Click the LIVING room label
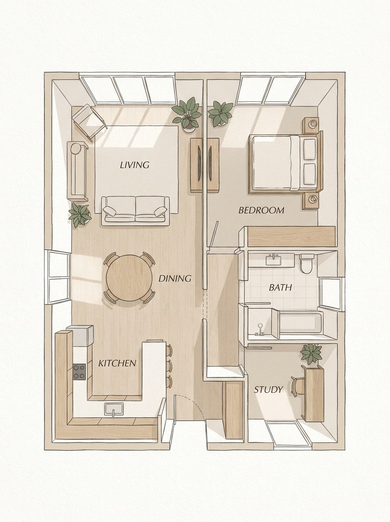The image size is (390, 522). [134, 165]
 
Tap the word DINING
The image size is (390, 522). [175, 278]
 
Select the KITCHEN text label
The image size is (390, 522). [117, 363]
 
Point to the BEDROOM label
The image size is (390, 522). [261, 211]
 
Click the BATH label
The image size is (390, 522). [280, 288]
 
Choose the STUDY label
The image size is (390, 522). [268, 390]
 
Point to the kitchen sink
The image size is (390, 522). [114, 409]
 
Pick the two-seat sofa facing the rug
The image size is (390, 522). [135, 210]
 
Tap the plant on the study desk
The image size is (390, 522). [312, 353]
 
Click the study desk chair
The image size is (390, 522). [298, 386]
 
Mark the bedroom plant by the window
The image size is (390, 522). [221, 113]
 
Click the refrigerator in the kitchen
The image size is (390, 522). [81, 335]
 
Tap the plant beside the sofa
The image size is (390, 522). [80, 214]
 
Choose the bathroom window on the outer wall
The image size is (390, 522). [331, 294]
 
